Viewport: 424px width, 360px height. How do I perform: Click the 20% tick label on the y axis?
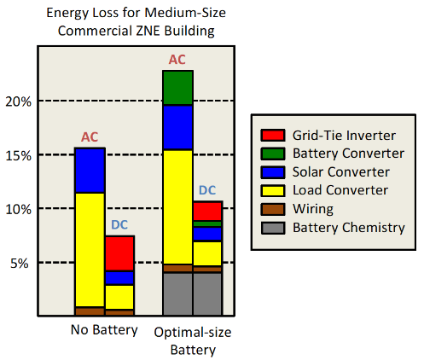pos(19,102)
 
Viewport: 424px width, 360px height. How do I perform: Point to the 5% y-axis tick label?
pos(20,264)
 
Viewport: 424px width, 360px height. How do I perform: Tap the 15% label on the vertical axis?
pos(19,155)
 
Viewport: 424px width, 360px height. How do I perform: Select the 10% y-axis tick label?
pos(19,210)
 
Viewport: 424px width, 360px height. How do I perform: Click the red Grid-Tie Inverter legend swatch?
pos(273,135)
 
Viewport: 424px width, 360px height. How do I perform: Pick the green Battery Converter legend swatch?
pos(273,154)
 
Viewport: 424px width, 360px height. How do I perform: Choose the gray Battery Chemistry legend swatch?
pos(273,228)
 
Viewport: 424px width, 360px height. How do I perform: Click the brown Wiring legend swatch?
pos(273,209)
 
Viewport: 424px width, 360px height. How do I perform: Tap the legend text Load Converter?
pos(340,190)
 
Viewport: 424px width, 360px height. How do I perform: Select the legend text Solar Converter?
pos(341,171)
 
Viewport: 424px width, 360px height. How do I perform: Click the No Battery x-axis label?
pos(104,330)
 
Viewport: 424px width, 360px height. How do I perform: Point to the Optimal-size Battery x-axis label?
pos(193,340)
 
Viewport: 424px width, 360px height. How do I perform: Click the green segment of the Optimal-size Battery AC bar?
pos(178,88)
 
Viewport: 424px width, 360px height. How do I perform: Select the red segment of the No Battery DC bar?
pos(119,253)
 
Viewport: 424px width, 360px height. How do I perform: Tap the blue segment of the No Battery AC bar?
pos(90,171)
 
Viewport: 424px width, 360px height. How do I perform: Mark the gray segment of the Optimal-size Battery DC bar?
pos(207,294)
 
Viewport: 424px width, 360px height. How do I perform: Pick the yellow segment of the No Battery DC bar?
pos(119,297)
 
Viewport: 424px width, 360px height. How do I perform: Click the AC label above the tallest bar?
pos(177,60)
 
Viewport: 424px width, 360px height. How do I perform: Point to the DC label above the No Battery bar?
pos(119,224)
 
